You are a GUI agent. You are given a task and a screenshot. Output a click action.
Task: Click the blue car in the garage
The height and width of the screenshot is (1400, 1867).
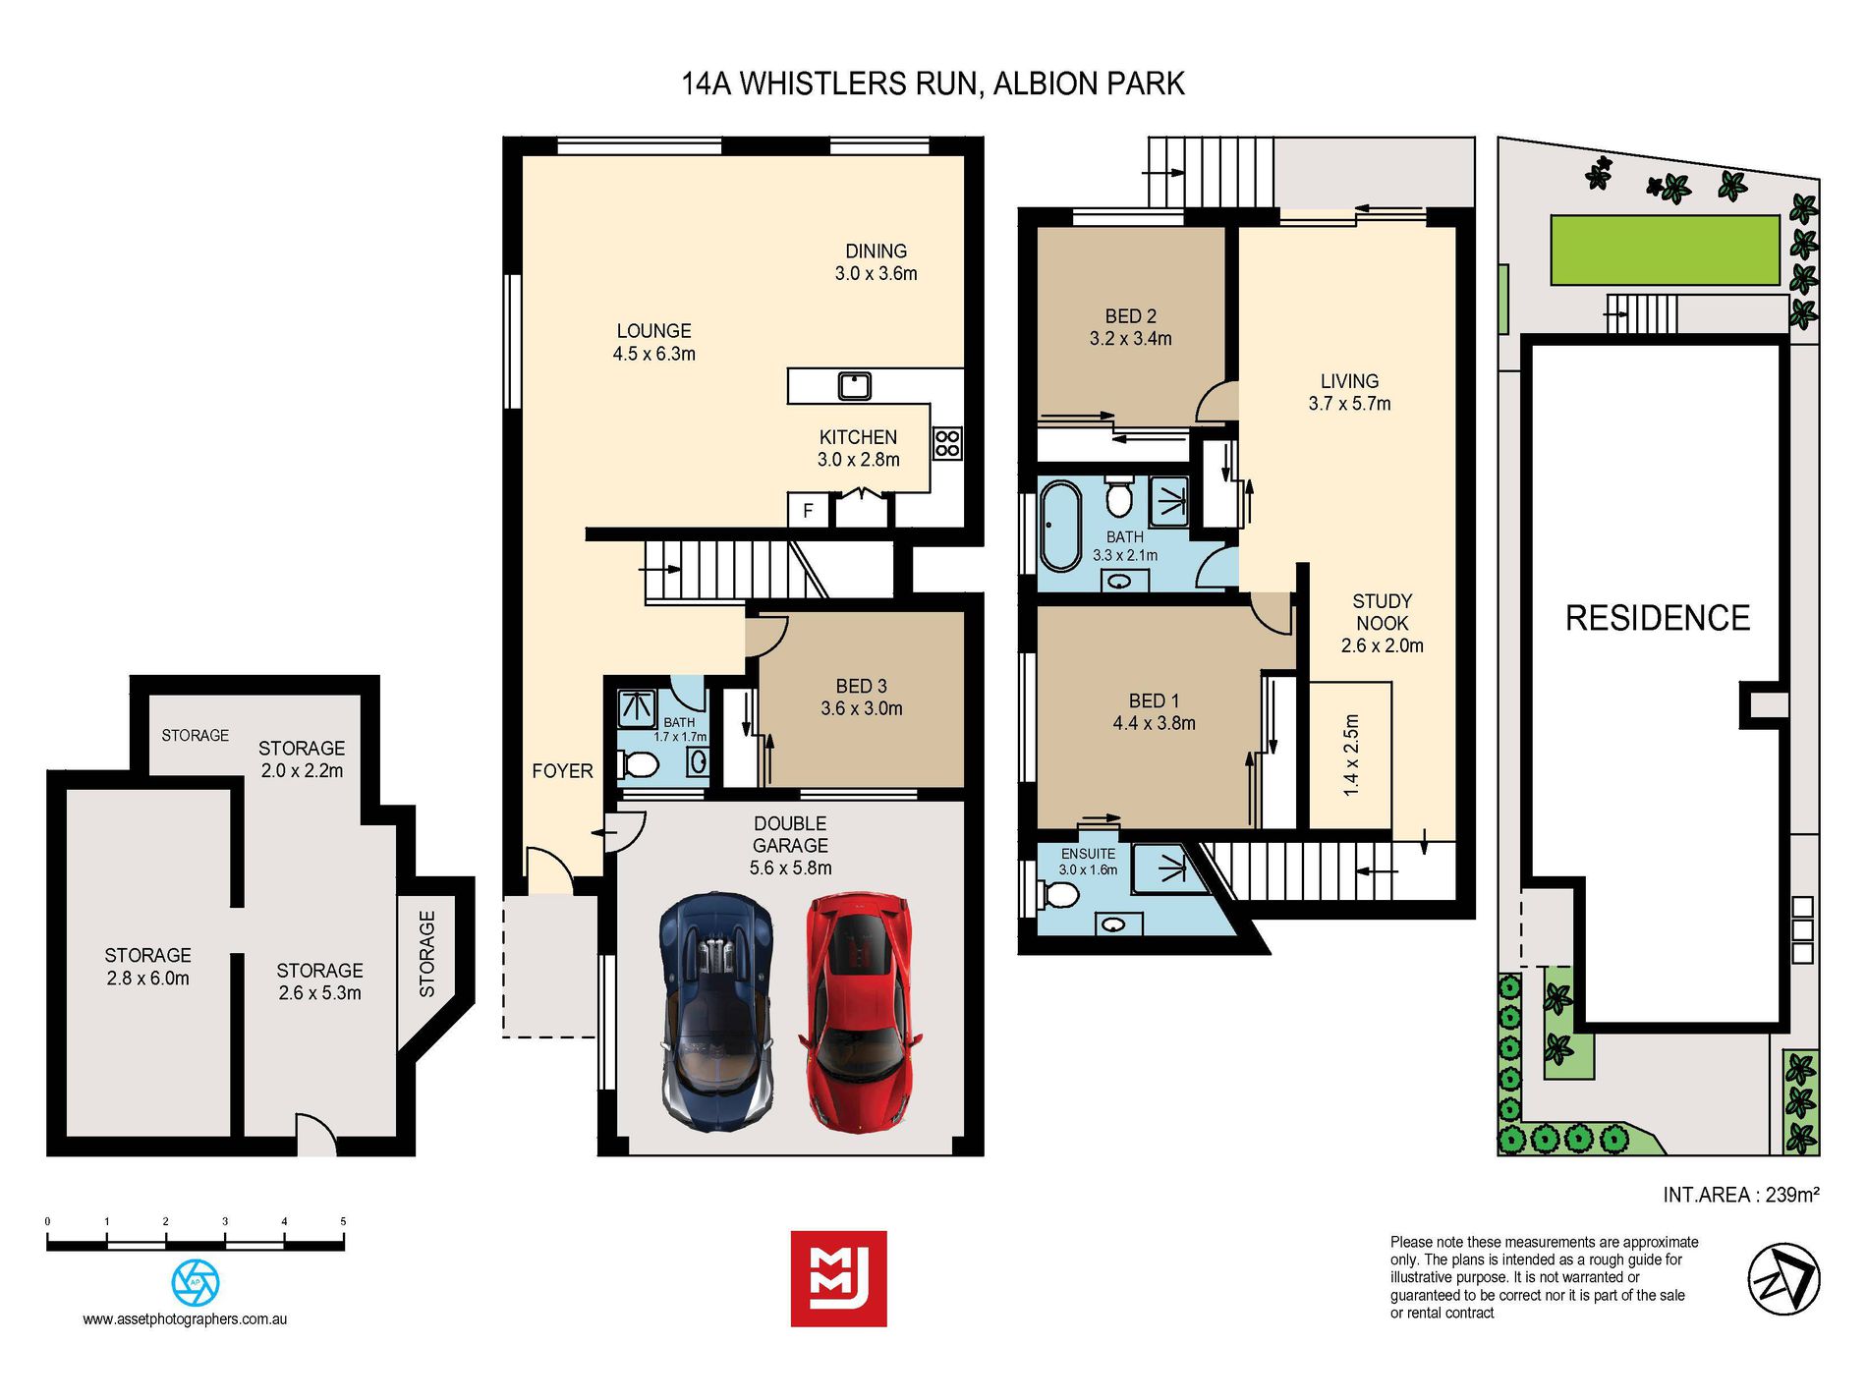[716, 1012]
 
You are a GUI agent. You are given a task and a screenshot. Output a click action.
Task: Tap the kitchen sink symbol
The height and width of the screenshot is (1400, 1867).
[854, 385]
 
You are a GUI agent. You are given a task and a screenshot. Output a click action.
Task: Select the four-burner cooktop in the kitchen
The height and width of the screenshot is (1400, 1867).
[947, 443]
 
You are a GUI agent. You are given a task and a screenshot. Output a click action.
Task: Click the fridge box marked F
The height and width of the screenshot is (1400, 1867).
[808, 511]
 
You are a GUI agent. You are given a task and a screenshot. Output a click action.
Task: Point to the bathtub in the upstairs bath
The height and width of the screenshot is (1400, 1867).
[1060, 526]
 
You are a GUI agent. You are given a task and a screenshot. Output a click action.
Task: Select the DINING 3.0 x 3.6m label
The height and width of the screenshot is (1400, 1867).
[877, 262]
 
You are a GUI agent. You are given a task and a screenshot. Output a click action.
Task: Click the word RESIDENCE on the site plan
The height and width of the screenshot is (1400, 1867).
[1658, 618]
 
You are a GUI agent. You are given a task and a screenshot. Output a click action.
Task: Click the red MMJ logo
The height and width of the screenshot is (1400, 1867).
[839, 1279]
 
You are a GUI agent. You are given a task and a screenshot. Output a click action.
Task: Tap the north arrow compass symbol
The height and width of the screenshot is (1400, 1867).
[1784, 1278]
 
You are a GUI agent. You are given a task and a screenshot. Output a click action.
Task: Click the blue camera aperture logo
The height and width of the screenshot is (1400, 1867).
[196, 1282]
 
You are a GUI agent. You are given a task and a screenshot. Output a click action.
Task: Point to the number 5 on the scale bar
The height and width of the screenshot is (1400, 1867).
[343, 1221]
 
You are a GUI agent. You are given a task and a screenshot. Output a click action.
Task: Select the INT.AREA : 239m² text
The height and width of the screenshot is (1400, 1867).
[1741, 1195]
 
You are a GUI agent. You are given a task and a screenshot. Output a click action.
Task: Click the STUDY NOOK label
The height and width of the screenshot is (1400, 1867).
[1383, 612]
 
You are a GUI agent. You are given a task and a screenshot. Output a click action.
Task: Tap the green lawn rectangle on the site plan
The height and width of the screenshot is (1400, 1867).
[1666, 250]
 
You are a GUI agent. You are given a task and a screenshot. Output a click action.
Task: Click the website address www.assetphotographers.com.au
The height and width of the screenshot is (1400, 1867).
[185, 1319]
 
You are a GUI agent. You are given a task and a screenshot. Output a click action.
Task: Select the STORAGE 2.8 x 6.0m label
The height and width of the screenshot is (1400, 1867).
[148, 967]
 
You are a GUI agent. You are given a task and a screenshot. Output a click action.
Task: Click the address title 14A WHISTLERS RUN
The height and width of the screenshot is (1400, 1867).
[831, 84]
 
